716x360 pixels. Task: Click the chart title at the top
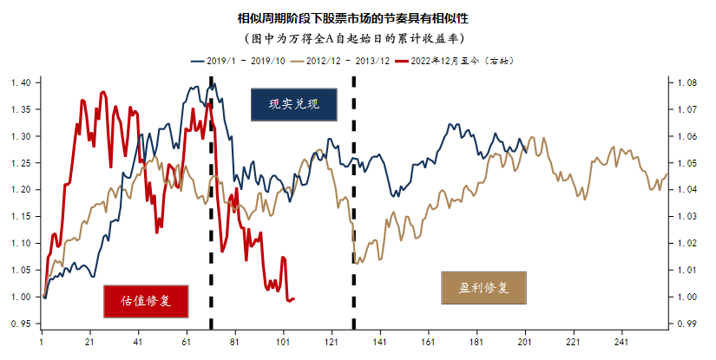(x=358, y=17)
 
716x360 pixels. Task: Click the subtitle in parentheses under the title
(x=358, y=39)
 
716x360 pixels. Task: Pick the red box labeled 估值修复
(x=145, y=300)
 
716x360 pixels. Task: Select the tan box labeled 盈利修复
(x=483, y=286)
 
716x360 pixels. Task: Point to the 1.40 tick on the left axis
(x=20, y=82)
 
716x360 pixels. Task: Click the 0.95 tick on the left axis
(x=20, y=324)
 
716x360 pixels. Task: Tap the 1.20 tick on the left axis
(x=20, y=189)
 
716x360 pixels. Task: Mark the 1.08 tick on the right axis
(x=686, y=83)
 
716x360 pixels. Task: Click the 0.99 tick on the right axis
(x=686, y=324)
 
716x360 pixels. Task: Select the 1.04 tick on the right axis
(x=686, y=190)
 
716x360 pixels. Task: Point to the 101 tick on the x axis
(x=284, y=344)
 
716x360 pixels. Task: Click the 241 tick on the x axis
(x=620, y=344)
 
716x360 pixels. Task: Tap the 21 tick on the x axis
(x=89, y=344)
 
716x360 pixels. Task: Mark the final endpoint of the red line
(x=293, y=299)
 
